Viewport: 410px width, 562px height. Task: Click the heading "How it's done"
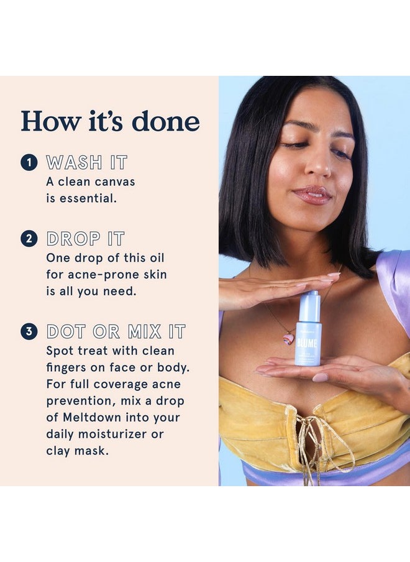[x=110, y=121]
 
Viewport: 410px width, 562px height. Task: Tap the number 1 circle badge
[x=29, y=164]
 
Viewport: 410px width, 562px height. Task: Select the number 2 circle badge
[x=29, y=239]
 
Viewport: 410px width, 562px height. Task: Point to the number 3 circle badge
[x=29, y=331]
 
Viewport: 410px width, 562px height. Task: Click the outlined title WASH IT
[x=86, y=164]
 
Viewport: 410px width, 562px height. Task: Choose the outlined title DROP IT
[x=85, y=239]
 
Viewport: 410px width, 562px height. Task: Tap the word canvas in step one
[x=111, y=182]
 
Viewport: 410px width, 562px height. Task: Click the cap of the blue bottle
[x=307, y=301]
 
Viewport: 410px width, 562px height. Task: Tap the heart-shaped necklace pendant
[x=289, y=338]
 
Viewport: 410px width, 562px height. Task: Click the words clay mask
[x=77, y=451]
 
